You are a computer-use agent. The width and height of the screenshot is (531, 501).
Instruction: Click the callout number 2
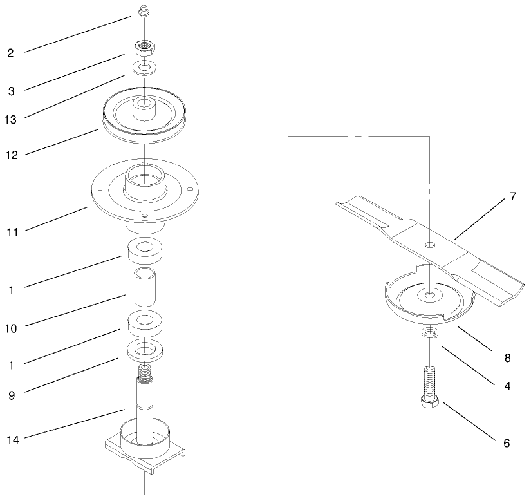pos(11,53)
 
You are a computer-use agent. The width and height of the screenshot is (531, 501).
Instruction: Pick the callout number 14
pos(12,440)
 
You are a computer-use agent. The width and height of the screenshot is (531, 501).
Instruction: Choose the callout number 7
pos(512,197)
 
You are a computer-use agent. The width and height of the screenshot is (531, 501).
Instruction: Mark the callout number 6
pos(507,443)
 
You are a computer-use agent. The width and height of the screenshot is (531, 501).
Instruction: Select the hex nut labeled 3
pos(146,46)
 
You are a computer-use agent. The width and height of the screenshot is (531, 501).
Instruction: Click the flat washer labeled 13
pos(146,67)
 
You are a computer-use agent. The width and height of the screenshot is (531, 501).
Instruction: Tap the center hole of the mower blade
pos(429,244)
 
